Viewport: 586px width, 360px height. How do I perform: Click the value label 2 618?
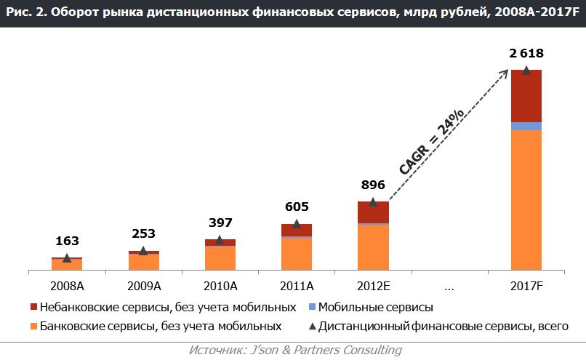[x=526, y=53]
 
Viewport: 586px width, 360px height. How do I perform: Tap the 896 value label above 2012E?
[x=372, y=185]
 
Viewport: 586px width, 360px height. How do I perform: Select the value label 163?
[x=67, y=241]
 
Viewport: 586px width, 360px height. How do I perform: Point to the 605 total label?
[x=297, y=208]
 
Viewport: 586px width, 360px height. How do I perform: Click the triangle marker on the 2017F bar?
[x=526, y=71]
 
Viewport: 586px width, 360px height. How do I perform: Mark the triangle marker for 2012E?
[x=373, y=202]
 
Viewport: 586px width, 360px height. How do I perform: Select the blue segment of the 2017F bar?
[x=526, y=126]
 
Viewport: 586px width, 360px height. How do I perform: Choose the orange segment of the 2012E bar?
[x=373, y=247]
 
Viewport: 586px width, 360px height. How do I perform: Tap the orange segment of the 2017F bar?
[x=526, y=200]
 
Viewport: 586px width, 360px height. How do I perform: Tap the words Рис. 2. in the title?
[x=24, y=12]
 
